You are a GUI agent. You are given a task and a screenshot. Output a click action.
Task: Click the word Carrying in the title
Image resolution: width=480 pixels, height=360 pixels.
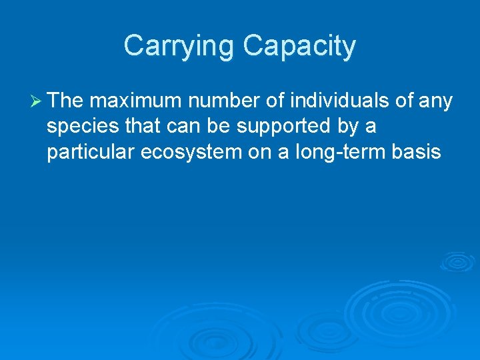[179, 47]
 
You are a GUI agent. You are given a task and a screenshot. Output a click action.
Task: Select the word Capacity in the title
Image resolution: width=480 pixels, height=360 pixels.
[299, 47]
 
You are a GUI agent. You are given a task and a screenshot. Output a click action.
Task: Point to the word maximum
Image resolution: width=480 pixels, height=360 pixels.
[136, 101]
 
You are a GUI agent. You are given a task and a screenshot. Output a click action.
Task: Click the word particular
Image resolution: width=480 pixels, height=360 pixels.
[91, 153]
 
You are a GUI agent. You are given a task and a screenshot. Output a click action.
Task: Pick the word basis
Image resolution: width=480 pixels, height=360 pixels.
[416, 153]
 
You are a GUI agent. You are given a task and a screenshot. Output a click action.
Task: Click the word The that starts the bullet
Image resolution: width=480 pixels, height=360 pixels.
[65, 101]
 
